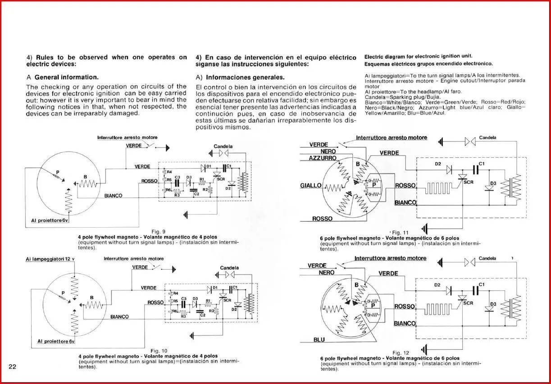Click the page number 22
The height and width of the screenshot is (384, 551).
pos(12,366)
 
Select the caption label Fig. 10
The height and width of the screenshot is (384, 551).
pos(159,351)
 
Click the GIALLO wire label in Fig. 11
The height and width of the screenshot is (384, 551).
pos(311,186)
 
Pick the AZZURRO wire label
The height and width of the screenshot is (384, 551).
pos(323,158)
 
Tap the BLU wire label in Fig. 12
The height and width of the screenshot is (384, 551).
pos(319,339)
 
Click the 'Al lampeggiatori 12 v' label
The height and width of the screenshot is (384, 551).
pos(49,259)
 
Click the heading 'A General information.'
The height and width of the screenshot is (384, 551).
pos(63,77)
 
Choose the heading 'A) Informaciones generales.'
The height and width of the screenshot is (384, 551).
pos(240,77)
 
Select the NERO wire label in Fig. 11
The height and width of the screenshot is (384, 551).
pos(328,151)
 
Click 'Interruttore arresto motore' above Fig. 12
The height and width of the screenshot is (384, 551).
pos(390,258)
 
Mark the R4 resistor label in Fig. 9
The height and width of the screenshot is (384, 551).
pos(169,172)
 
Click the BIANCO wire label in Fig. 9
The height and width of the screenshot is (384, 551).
pos(113,196)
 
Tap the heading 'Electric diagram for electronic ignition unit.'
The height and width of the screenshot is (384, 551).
pos(418,56)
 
